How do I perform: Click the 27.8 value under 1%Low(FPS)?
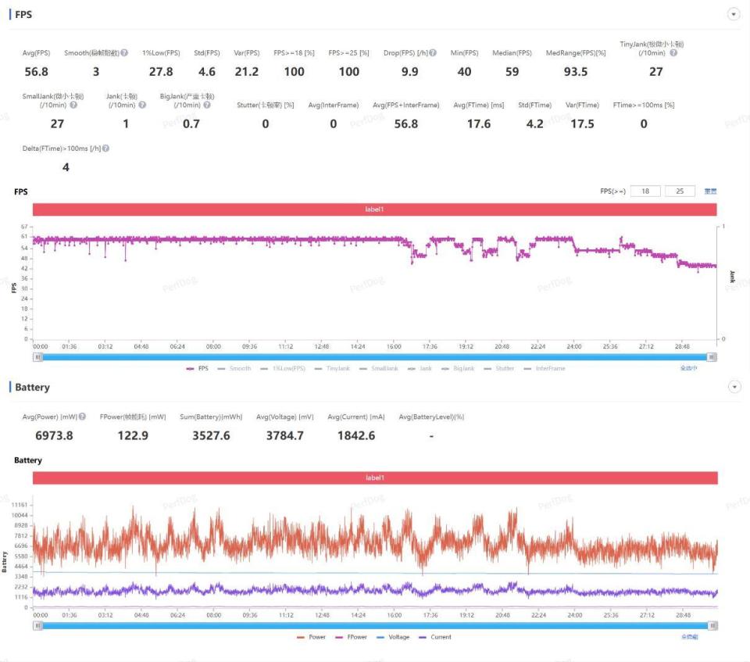(161, 72)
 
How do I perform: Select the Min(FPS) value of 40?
(464, 72)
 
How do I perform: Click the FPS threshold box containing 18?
(645, 191)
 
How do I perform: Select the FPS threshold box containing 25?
(680, 191)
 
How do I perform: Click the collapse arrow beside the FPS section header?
(734, 14)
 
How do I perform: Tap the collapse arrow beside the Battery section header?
(734, 387)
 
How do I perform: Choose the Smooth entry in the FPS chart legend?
(234, 368)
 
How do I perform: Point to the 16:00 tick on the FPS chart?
(394, 345)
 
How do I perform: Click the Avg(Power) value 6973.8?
(48, 435)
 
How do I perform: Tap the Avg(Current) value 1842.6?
(355, 435)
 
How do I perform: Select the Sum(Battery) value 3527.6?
(211, 435)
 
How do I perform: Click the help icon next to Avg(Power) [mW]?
(82, 417)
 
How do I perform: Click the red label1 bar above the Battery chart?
(375, 478)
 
